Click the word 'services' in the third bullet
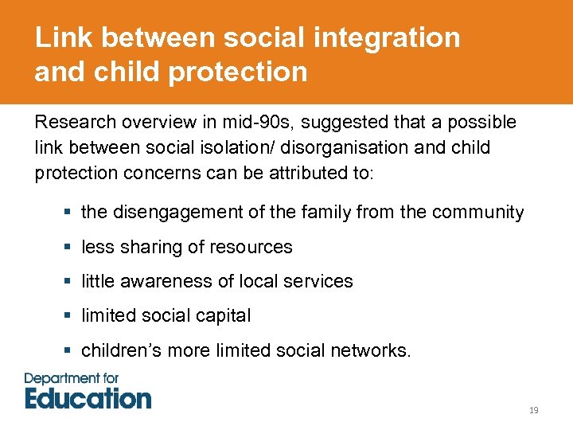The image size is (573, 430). (322, 282)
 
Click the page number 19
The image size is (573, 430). (533, 410)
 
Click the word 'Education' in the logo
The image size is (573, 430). (88, 398)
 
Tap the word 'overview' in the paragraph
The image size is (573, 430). (143, 123)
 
